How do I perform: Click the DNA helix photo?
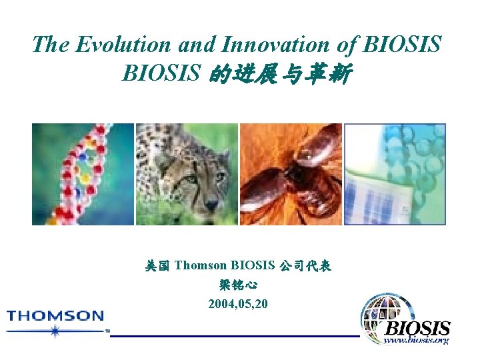coord(83,174)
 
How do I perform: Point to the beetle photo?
coord(291,174)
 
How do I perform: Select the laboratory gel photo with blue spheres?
coord(395,174)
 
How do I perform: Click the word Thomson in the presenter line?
coord(199,266)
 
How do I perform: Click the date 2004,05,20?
coord(238,304)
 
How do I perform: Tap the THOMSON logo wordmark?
coord(56,315)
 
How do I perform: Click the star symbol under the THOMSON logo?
coord(55,331)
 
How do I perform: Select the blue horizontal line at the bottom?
coord(233,336)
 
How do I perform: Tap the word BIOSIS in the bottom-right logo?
coord(418,329)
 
